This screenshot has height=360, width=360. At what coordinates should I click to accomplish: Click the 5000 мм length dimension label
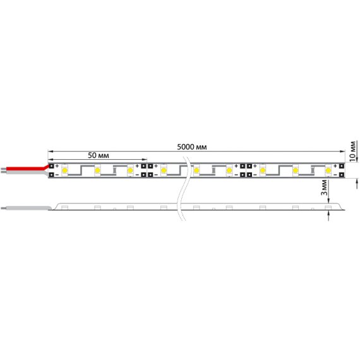point(192,147)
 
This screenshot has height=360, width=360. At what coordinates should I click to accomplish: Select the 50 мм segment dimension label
point(99,155)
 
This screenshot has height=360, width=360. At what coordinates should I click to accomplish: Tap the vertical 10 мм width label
point(353,150)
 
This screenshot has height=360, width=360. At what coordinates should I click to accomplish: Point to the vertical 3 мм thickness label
point(324,188)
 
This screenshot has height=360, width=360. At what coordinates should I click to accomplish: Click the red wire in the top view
point(27,168)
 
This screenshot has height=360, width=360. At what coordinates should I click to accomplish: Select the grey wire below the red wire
point(25,172)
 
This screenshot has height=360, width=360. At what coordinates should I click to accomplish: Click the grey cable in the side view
point(27,208)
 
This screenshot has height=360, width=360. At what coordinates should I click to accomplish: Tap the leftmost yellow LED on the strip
point(65,171)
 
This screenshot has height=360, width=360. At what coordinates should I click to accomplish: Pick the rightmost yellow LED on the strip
point(328,171)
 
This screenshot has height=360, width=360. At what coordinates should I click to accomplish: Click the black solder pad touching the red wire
point(51,165)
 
